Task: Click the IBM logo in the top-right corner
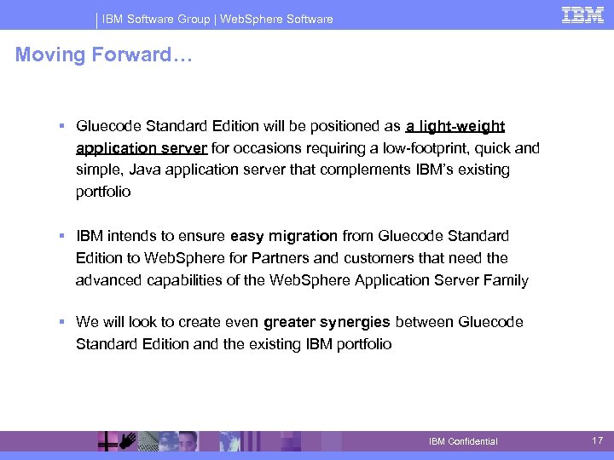[x=582, y=15]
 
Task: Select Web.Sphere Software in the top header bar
[x=276, y=19]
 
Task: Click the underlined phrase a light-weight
[x=455, y=126]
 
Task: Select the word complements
[x=362, y=170]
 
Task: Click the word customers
[x=391, y=257]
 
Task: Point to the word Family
[x=507, y=279]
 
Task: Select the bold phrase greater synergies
[x=327, y=322]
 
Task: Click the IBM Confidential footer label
[x=463, y=441]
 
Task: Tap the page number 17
[x=598, y=440]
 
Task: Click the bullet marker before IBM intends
[x=62, y=236]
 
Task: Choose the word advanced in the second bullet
[x=109, y=279]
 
